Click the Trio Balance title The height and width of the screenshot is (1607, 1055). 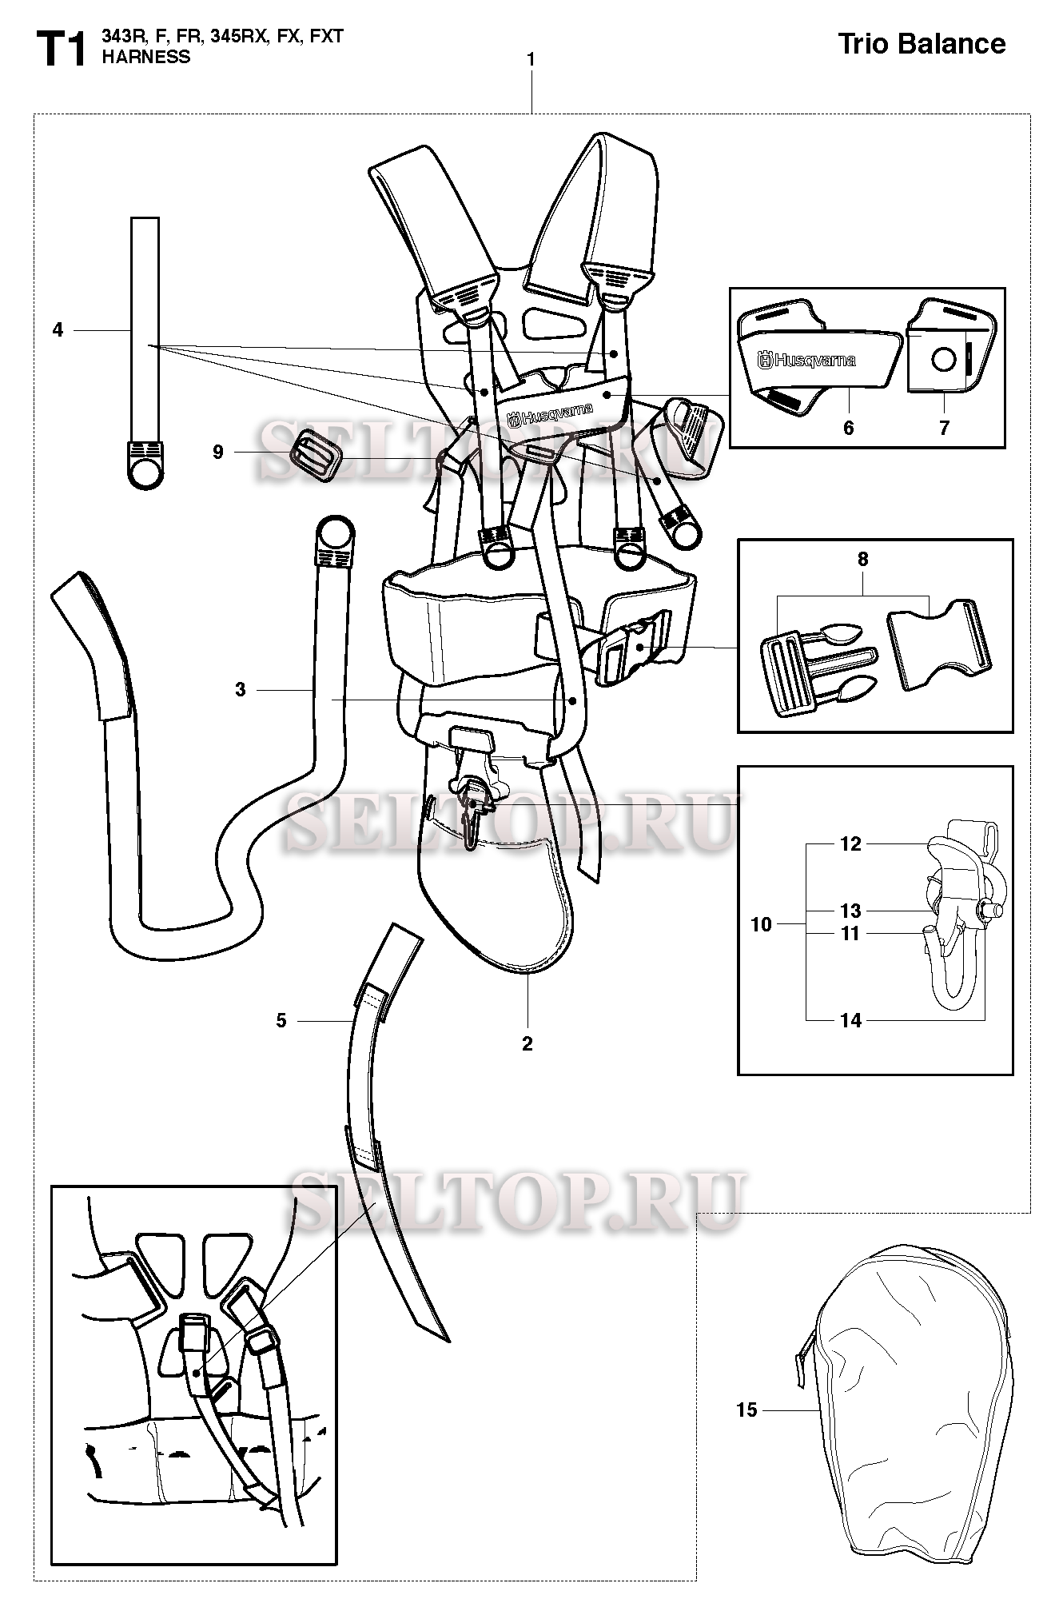[x=921, y=44]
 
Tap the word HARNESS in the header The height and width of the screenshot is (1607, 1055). [x=146, y=58]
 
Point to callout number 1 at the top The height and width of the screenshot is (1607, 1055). [x=531, y=60]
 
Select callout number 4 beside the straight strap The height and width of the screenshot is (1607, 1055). [x=58, y=329]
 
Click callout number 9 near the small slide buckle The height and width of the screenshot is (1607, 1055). [x=218, y=453]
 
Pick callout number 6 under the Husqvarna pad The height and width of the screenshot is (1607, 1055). [x=848, y=429]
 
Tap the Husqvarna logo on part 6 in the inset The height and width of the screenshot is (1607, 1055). [x=807, y=361]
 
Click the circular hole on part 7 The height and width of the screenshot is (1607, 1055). [x=944, y=361]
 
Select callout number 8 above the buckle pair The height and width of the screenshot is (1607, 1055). [x=862, y=560]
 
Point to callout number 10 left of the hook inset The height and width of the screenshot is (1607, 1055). [x=762, y=924]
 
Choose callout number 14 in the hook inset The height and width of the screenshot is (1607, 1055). [x=850, y=1020]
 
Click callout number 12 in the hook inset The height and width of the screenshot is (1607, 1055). [x=850, y=844]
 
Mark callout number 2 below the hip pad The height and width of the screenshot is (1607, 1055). [x=527, y=1043]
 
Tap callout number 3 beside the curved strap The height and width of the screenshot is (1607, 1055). [x=241, y=689]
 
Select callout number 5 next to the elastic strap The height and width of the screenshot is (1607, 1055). [x=281, y=1020]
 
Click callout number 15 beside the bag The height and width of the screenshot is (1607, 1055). [x=746, y=1410]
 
